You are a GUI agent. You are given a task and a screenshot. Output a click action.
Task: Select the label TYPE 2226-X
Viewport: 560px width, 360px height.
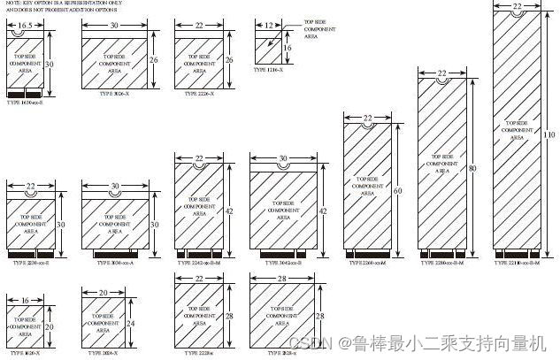[x=196, y=93]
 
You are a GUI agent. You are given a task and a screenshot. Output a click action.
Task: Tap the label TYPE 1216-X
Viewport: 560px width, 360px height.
[x=271, y=68]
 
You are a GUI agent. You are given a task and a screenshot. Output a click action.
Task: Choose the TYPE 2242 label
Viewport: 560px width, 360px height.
[x=200, y=263]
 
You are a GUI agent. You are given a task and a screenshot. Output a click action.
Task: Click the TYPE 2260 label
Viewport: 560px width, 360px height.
[x=366, y=263]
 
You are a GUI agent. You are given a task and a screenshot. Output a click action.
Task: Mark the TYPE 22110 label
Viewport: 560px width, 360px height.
[x=517, y=263]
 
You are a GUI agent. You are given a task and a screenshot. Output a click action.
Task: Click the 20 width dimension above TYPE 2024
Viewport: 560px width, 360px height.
[x=104, y=292]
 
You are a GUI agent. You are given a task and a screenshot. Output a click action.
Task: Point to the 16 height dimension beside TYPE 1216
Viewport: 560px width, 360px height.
[x=288, y=46]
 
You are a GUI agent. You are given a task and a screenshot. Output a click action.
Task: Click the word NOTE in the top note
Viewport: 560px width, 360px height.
[x=15, y=4]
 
